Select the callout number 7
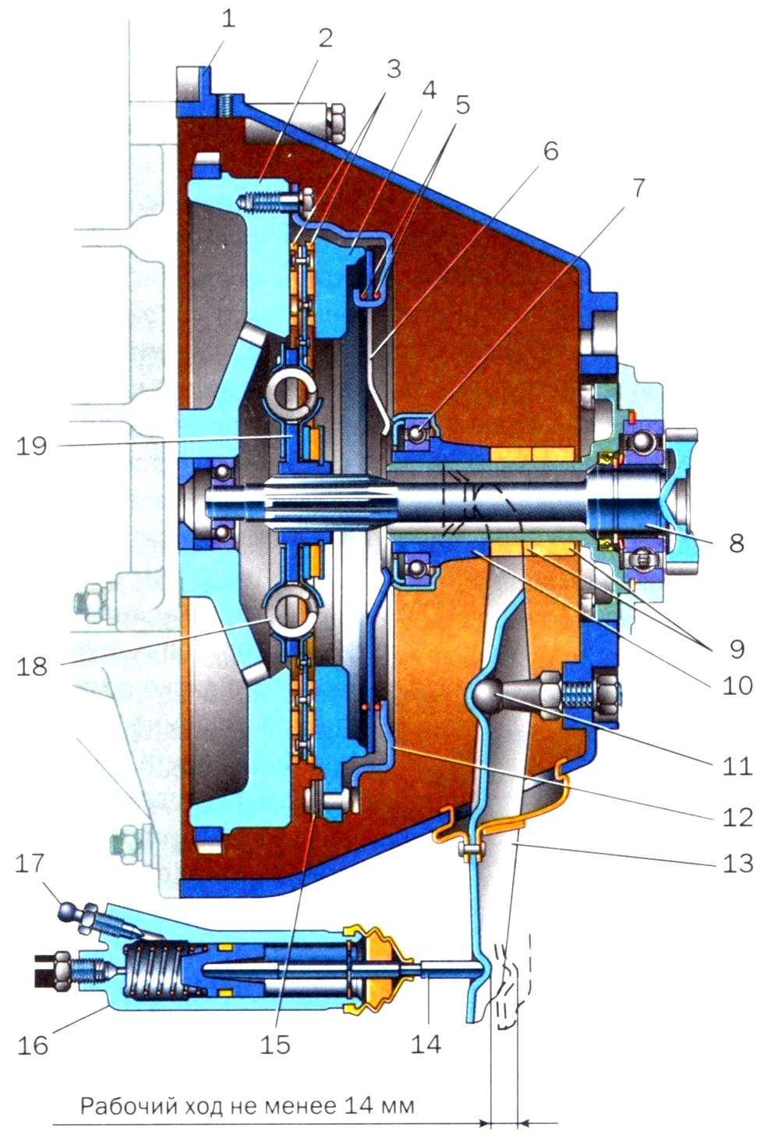pyautogui.click(x=637, y=189)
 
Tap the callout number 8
pyautogui.click(x=736, y=542)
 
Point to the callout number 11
pyautogui.click(x=736, y=765)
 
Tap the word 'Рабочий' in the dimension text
pyautogui.click(x=118, y=1105)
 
